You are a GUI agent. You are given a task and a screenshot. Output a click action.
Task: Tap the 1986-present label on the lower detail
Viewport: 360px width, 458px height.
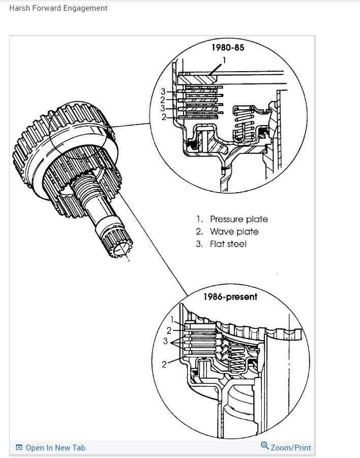pos(230,296)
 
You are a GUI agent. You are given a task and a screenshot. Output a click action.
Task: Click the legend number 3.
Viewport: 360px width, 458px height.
pos(200,244)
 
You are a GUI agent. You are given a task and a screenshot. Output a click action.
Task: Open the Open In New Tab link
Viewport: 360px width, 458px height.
pos(55,447)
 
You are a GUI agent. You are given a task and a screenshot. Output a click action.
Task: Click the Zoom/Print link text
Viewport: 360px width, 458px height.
pos(290,447)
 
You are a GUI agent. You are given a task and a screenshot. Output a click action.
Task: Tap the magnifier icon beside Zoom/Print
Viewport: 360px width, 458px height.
pos(264,446)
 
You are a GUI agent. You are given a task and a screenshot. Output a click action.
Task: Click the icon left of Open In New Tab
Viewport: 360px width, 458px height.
pos(19,447)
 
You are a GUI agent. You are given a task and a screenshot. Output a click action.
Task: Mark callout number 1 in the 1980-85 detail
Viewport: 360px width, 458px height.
pos(224,59)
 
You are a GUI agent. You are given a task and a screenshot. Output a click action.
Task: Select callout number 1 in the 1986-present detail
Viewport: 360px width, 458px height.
pos(173,320)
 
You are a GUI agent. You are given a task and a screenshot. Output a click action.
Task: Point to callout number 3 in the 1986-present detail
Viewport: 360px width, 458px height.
pos(165,341)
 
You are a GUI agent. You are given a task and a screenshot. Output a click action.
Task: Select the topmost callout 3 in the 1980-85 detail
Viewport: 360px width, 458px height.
pos(163,91)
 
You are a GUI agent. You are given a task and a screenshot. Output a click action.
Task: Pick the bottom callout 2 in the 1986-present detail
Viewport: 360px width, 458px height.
pos(164,364)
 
